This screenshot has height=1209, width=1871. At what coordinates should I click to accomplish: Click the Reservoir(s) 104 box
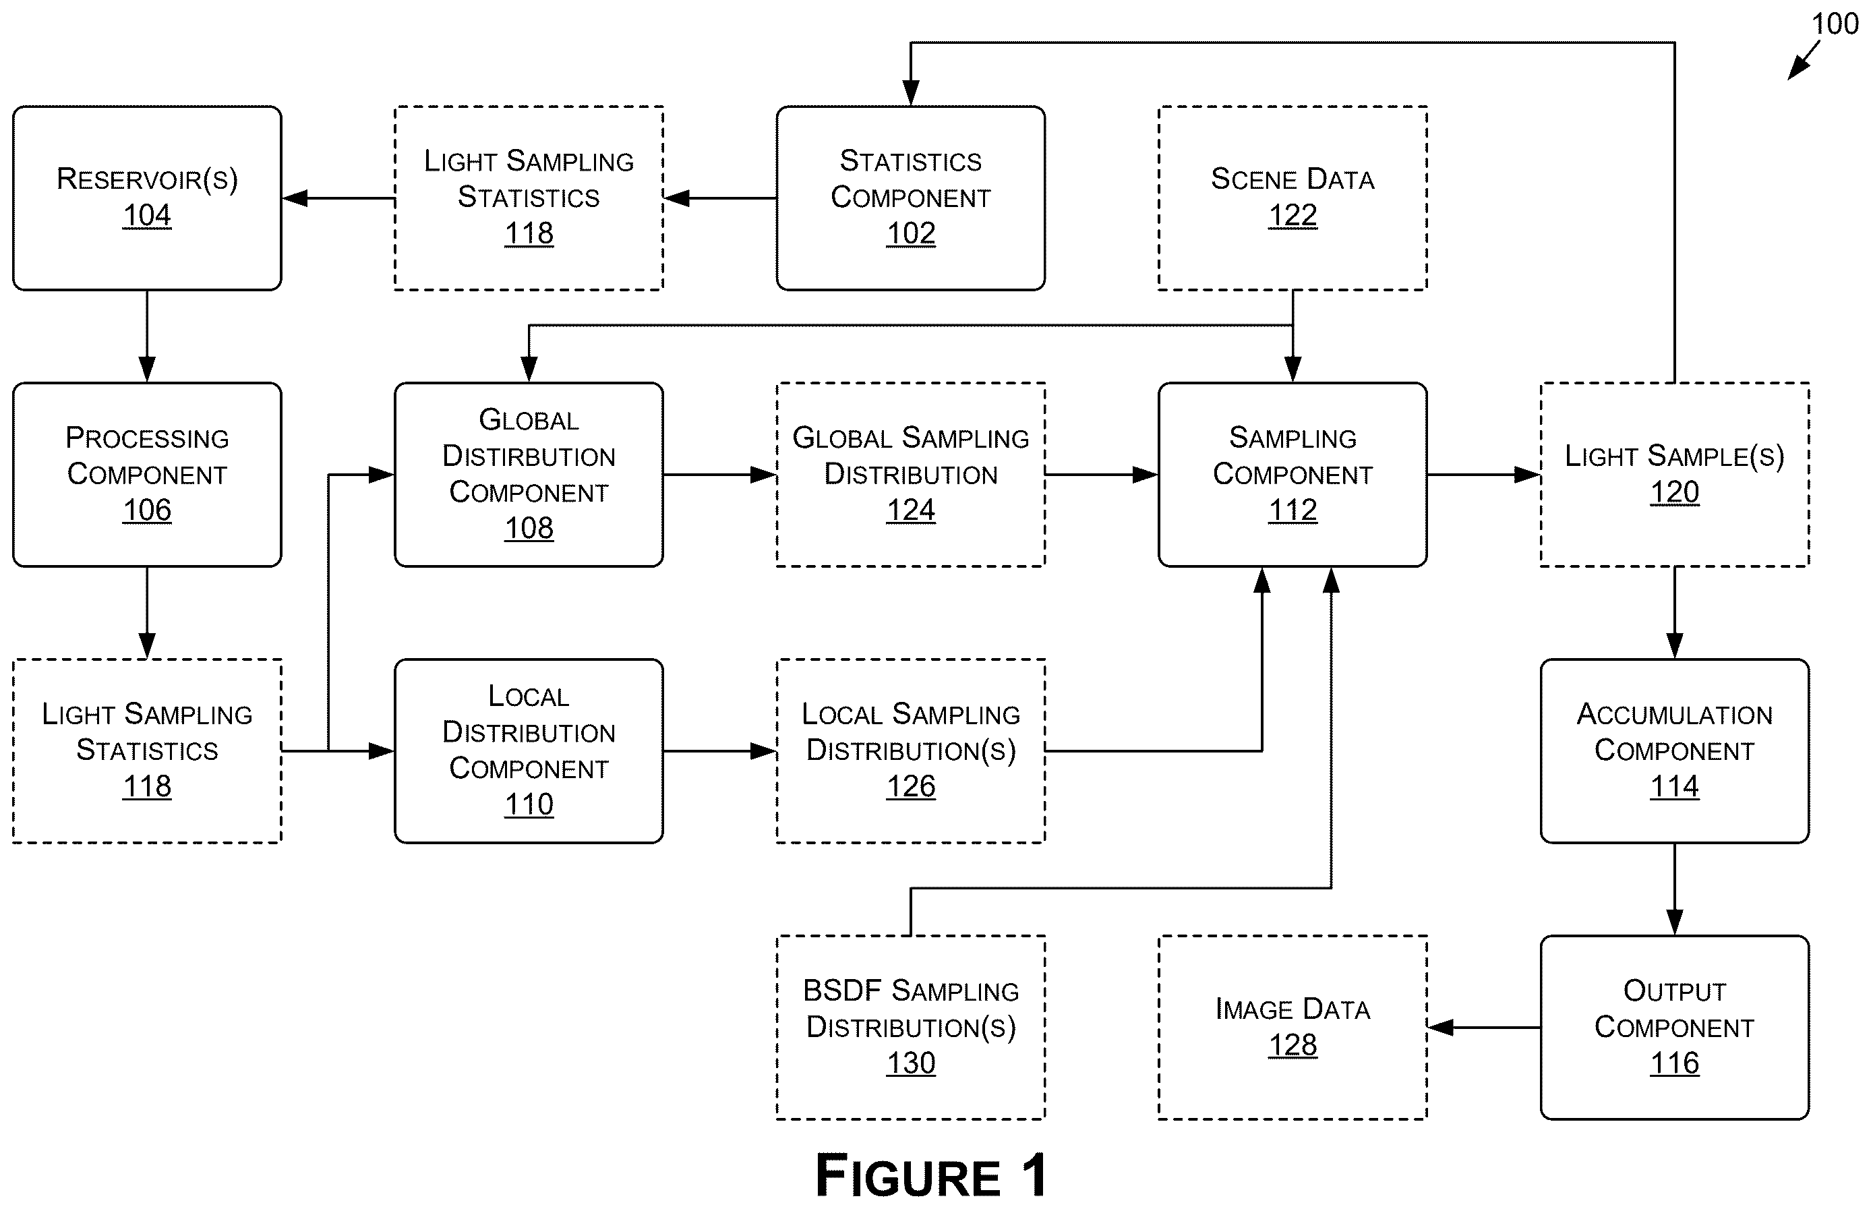[147, 198]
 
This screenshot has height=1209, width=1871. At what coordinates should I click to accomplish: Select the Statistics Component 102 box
[910, 198]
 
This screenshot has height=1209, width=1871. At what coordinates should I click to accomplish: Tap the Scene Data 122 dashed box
[1293, 198]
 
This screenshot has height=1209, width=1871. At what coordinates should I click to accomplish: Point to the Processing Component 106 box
[147, 474]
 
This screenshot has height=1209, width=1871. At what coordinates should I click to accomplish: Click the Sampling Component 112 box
[1293, 474]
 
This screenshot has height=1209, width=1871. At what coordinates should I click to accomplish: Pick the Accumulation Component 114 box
[1675, 750]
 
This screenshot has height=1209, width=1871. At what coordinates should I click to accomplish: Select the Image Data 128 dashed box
[1293, 1027]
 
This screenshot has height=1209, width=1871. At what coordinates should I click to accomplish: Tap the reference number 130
[910, 1063]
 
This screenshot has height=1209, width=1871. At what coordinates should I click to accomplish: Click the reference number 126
[910, 786]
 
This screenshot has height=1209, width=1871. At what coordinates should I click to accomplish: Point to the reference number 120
[1675, 492]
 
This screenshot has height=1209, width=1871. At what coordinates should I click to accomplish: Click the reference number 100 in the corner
[1835, 24]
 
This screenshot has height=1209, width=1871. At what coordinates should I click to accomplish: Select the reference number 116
[1675, 1063]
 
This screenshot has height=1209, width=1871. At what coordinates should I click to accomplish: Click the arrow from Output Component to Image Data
[1484, 1027]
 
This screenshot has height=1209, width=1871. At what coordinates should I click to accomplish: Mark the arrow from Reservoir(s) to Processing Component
[147, 336]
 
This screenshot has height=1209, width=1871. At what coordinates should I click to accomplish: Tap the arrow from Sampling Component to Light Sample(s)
[1484, 474]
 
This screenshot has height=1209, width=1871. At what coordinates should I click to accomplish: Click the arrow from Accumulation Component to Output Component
[1675, 889]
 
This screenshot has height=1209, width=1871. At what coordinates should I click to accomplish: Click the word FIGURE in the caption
[908, 1176]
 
